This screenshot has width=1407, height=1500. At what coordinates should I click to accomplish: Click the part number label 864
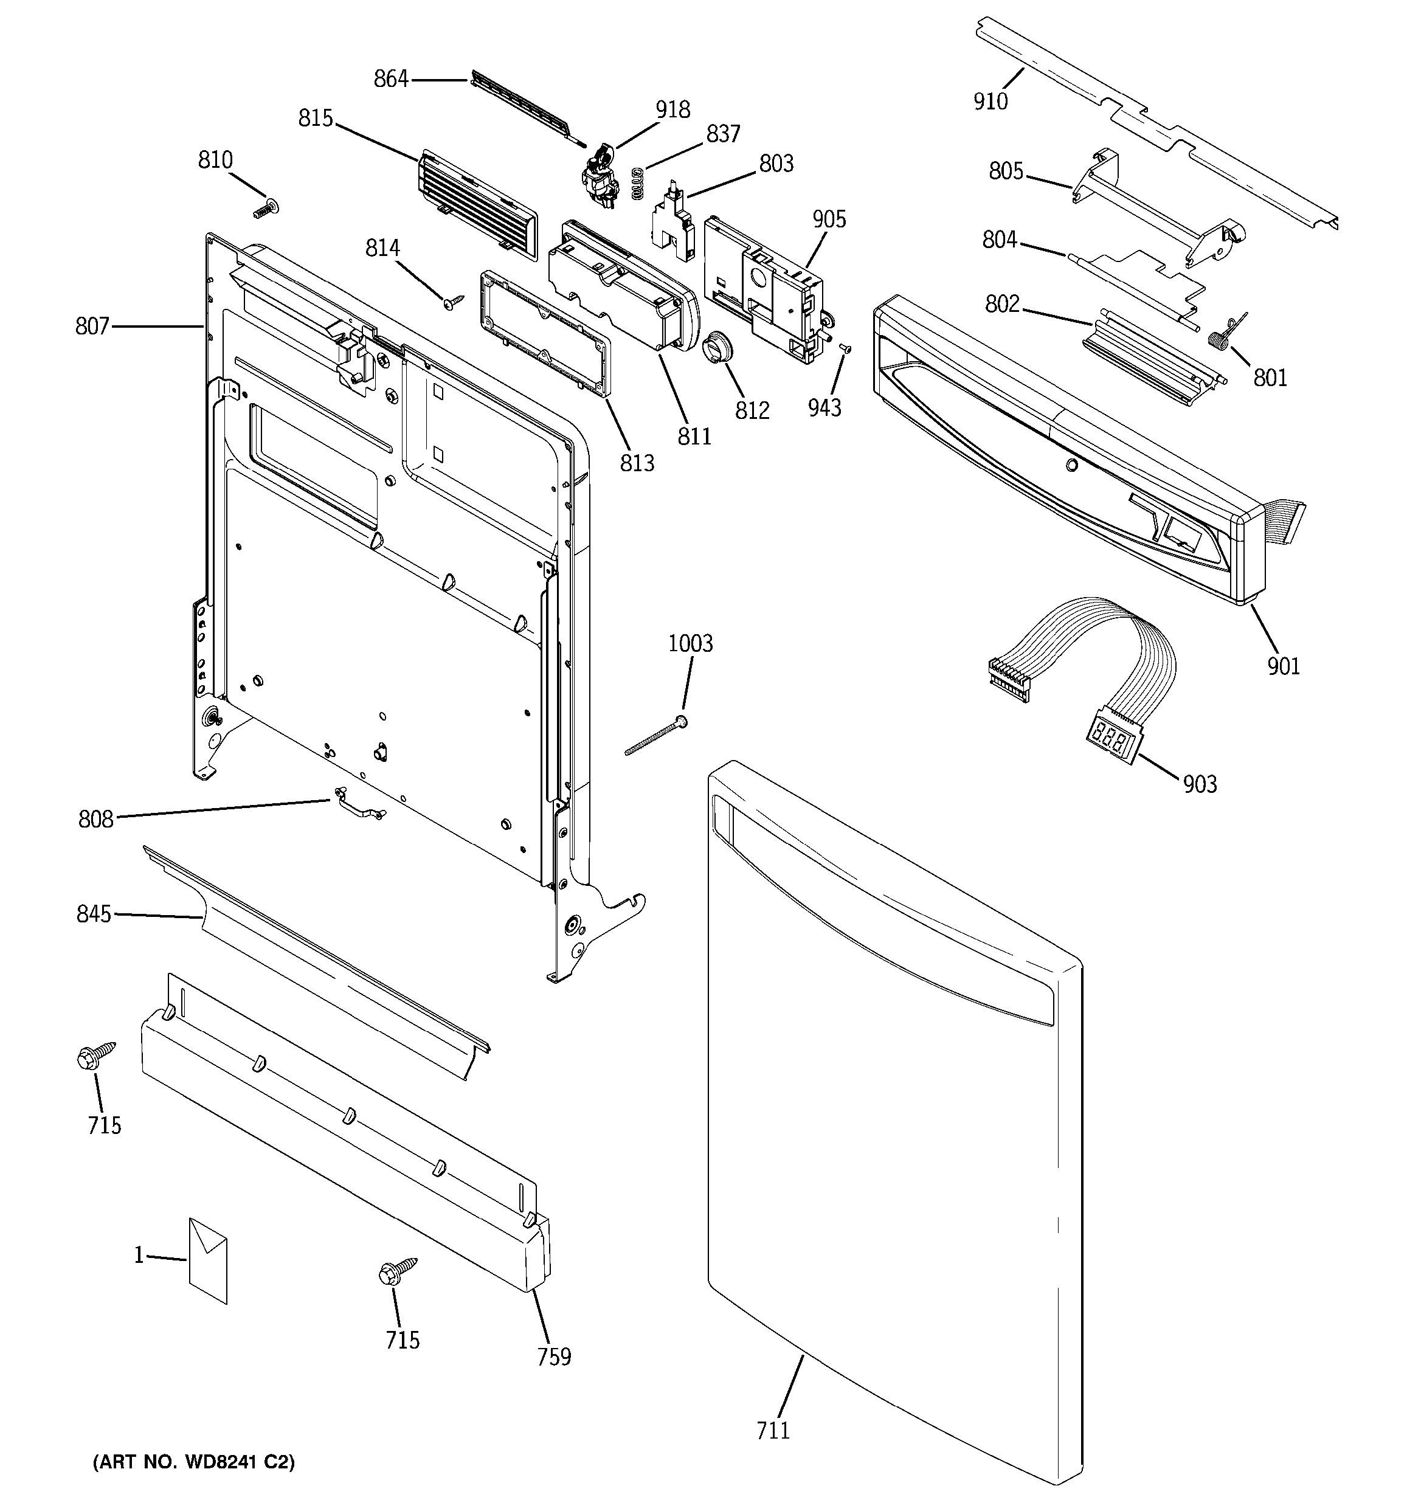391,78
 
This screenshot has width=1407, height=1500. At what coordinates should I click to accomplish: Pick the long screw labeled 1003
655,736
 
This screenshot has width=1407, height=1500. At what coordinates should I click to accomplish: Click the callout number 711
773,1430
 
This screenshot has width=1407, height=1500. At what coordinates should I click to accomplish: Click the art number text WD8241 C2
193,1462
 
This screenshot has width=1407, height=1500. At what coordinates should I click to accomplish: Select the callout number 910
990,101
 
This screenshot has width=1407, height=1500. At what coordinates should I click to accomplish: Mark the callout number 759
554,1357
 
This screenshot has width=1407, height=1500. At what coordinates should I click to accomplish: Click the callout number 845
94,914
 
